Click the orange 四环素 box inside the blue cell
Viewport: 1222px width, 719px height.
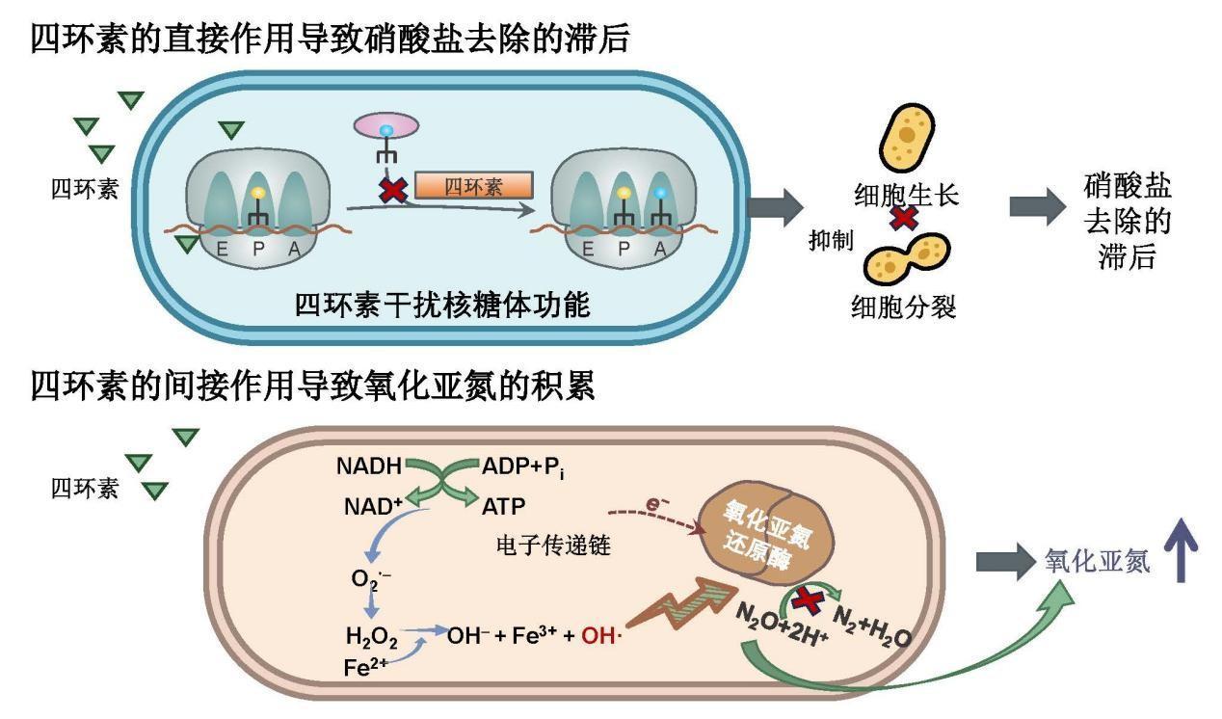click(473, 186)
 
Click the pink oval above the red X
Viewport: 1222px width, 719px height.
click(385, 125)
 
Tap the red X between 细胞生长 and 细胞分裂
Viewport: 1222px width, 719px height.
click(903, 218)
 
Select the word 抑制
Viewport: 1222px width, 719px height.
click(831, 241)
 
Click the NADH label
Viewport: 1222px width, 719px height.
click(369, 466)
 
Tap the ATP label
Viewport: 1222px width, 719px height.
click(503, 505)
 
